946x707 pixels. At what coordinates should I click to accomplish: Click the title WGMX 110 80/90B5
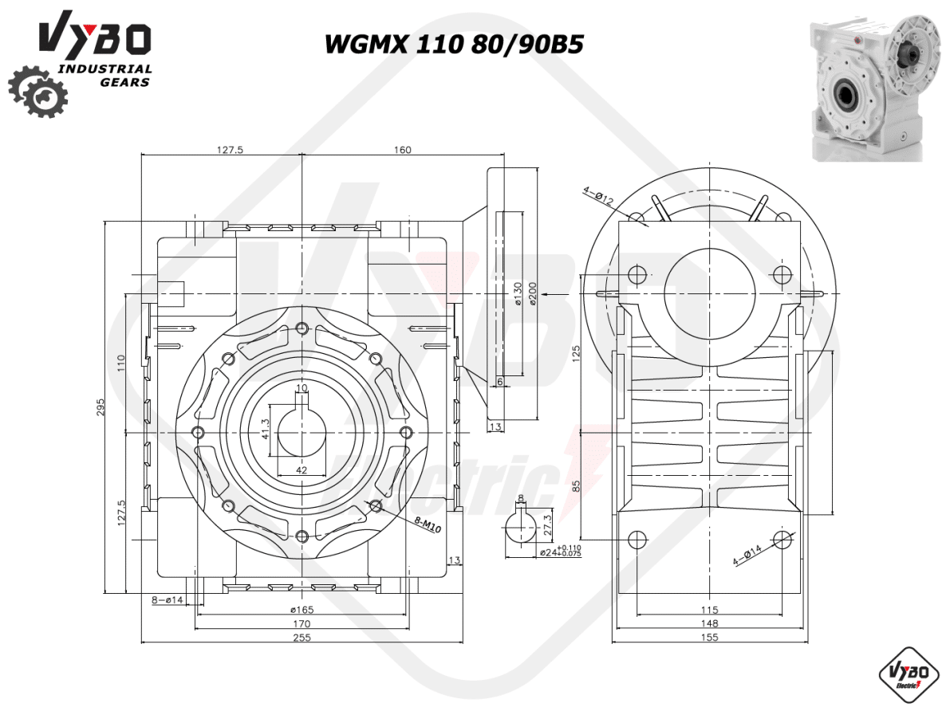tap(454, 44)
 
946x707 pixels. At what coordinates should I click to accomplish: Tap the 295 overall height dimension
tap(101, 407)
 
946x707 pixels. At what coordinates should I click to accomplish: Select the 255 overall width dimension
tap(302, 637)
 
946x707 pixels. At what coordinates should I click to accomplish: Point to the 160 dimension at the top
tap(403, 150)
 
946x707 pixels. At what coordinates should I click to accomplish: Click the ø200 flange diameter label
tap(531, 293)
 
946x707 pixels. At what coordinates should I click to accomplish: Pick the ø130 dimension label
tap(517, 293)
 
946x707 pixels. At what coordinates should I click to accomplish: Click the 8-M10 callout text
tap(428, 525)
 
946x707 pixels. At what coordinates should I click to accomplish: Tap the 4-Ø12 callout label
tap(598, 197)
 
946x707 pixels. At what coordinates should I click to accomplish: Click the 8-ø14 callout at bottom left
tap(168, 599)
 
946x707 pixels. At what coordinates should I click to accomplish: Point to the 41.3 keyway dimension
tap(265, 429)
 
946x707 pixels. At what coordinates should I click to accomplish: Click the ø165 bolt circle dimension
tap(302, 609)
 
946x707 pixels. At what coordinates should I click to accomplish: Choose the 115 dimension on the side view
tap(710, 610)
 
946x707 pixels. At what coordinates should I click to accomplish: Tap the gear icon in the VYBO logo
tap(37, 91)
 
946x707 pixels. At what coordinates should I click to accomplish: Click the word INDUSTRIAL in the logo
tap(105, 69)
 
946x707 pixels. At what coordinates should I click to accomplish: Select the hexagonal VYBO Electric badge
tap(906, 674)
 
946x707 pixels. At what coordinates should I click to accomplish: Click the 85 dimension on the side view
tap(576, 485)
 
